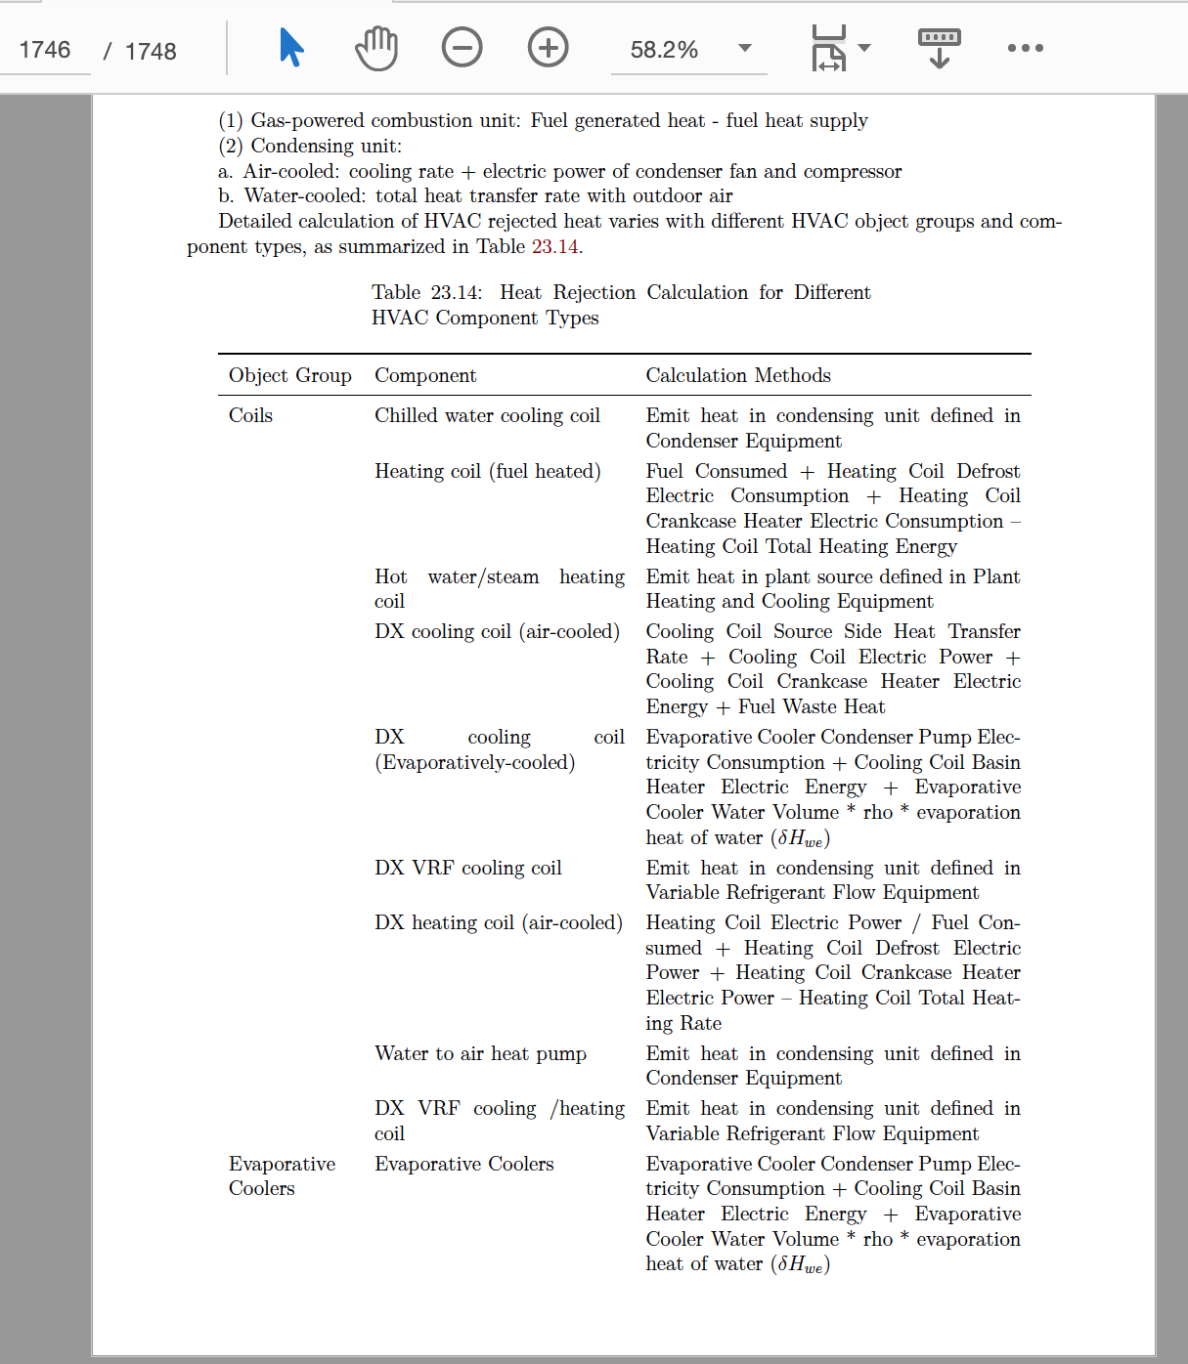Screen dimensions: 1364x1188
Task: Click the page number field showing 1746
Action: pos(45,50)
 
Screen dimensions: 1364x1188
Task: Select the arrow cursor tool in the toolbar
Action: pos(291,48)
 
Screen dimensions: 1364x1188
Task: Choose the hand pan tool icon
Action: pos(376,48)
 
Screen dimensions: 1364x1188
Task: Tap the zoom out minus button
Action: pos(462,48)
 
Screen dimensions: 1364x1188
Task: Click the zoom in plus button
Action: pos(548,48)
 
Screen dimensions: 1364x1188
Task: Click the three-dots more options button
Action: pos(1025,48)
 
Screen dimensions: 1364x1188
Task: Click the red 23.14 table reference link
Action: pos(555,246)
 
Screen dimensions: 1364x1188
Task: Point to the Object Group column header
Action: pos(290,375)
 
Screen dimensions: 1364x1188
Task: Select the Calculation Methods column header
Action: pos(738,375)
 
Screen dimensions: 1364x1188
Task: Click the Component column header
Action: pos(425,375)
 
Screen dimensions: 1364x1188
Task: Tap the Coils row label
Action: pos(251,415)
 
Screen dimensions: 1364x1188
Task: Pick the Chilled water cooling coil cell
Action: pos(487,415)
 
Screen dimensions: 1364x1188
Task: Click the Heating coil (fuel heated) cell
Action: pos(487,471)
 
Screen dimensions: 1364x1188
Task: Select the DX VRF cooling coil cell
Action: pos(467,868)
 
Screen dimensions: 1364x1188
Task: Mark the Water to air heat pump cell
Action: pos(480,1053)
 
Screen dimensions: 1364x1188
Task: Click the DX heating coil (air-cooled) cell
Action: pos(498,922)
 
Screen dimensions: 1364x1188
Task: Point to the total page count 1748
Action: pos(151,51)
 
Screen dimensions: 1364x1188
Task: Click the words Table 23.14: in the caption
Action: pos(426,292)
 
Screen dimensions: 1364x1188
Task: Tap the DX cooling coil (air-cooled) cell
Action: pos(497,631)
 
